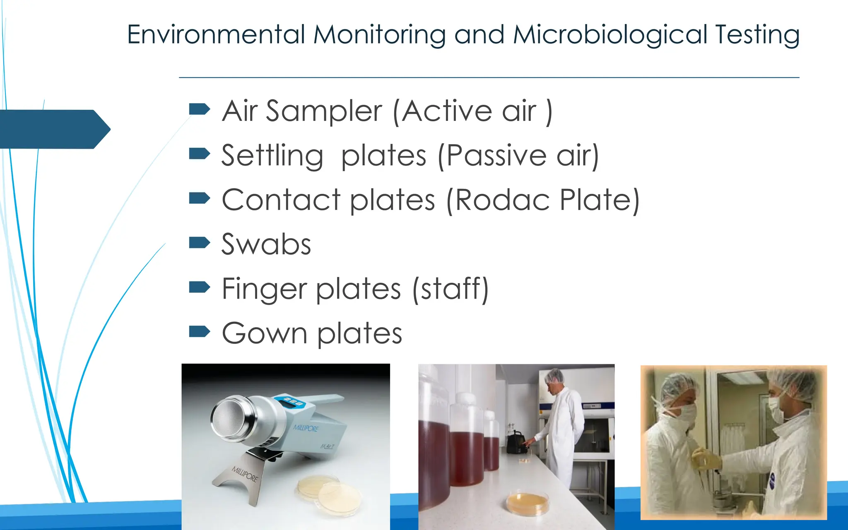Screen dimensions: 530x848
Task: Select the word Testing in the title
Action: pos(757,35)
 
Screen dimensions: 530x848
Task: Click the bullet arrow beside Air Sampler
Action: pos(199,109)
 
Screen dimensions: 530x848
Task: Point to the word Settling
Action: pos(272,156)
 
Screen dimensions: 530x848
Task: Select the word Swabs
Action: pos(266,244)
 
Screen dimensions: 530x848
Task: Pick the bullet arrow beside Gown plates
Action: pos(199,331)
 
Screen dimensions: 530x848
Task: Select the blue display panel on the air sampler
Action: pos(292,402)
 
